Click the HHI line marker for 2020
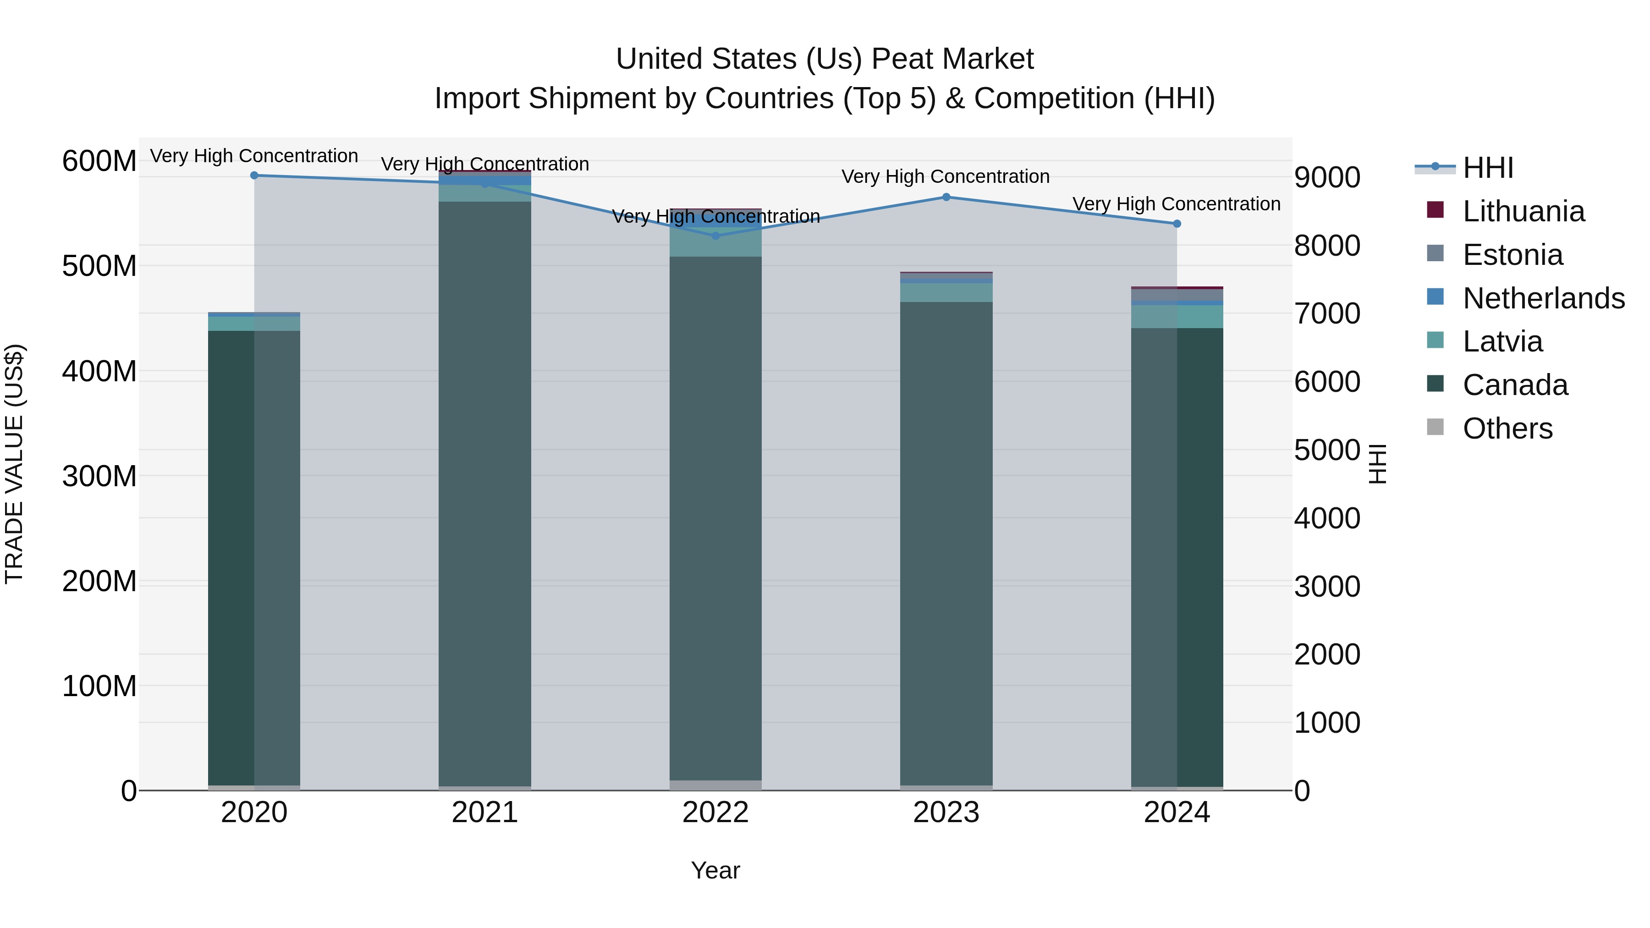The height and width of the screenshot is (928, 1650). click(x=254, y=176)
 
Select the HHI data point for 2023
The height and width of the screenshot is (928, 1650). click(x=946, y=197)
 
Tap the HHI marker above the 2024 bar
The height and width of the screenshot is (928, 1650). click(x=1177, y=224)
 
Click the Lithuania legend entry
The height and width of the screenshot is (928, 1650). click(x=1523, y=211)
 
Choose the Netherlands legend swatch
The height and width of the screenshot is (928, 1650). click(x=1435, y=297)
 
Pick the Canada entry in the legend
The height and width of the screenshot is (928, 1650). click(x=1515, y=385)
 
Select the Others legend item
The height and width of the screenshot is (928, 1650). click(x=1507, y=428)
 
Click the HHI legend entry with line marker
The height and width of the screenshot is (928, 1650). click(x=1488, y=168)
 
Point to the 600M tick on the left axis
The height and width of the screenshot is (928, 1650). click(x=99, y=161)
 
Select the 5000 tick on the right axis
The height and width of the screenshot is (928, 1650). click(x=1326, y=450)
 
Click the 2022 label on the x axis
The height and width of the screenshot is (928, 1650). click(x=715, y=813)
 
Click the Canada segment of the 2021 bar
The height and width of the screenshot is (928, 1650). click(x=485, y=493)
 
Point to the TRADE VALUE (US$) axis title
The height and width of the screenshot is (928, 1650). click(x=14, y=464)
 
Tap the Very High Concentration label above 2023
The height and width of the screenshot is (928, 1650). click(x=946, y=177)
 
